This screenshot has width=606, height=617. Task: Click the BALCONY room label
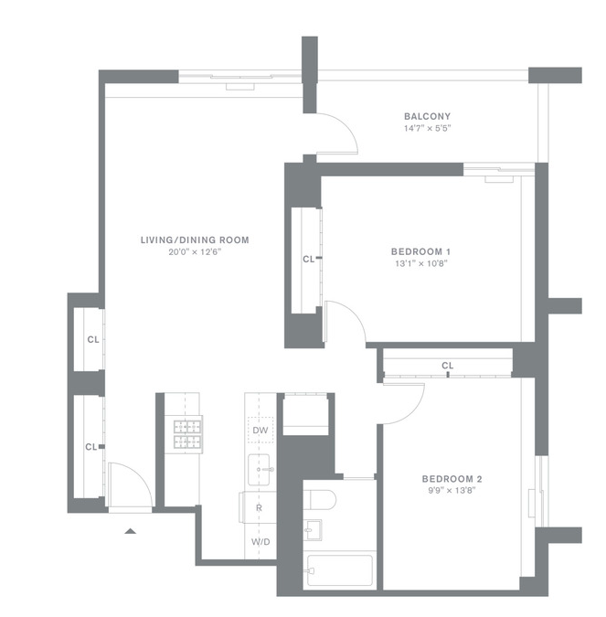point(427,116)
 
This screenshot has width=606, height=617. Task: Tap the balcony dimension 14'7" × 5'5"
point(427,128)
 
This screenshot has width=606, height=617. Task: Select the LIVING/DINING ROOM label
point(195,240)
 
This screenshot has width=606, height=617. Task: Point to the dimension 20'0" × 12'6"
point(196,252)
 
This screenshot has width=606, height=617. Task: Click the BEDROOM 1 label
point(420,252)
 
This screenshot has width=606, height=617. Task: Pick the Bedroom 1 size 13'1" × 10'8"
point(421,263)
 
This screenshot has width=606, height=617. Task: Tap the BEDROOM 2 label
point(452,479)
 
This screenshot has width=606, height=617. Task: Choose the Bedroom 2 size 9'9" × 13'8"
point(452,490)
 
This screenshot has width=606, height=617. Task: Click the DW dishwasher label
point(260,431)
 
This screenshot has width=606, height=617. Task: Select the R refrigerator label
point(259,508)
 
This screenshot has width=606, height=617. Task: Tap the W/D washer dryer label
point(260,542)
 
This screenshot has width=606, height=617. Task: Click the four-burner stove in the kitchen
point(187,434)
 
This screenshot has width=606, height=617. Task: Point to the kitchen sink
point(259,470)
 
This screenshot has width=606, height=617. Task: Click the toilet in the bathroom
point(320,500)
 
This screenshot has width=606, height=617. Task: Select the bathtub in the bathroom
point(340,570)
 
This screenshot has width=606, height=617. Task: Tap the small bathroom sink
point(313,530)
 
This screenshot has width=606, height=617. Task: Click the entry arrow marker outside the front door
point(131,531)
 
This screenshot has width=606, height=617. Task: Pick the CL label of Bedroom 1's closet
point(309,260)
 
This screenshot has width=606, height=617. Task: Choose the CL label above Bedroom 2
point(448,366)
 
